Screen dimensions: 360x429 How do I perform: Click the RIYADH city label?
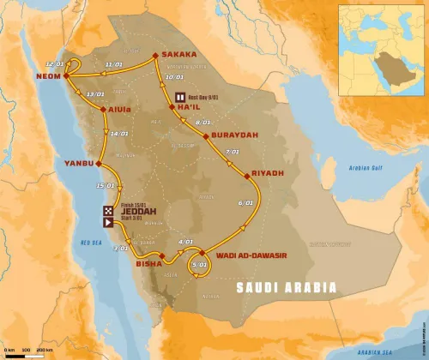(x=269, y=172)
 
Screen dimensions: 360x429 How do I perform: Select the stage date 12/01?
(x=56, y=63)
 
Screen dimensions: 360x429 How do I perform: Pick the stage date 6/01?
(x=246, y=203)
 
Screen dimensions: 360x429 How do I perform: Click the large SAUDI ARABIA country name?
(x=287, y=288)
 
